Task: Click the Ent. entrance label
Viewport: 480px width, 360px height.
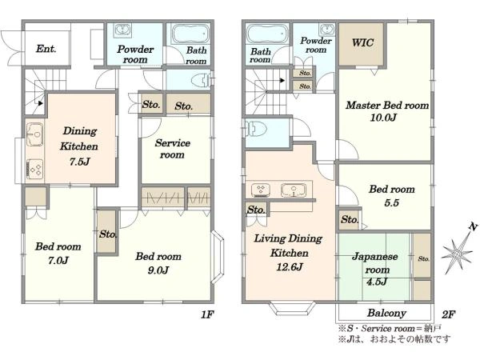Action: click(46, 49)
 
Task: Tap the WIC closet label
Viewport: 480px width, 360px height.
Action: click(362, 42)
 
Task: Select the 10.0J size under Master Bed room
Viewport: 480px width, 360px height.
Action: click(383, 118)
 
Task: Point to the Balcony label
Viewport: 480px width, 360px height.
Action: click(386, 313)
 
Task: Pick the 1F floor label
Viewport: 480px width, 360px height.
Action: click(207, 314)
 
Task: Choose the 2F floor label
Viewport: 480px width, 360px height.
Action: click(448, 314)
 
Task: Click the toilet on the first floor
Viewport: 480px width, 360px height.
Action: click(201, 81)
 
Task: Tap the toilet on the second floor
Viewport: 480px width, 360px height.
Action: click(255, 129)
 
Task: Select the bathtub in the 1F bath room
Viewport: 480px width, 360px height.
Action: click(190, 34)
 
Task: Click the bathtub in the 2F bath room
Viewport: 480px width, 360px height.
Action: click(266, 34)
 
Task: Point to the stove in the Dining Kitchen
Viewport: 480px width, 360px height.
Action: click(34, 170)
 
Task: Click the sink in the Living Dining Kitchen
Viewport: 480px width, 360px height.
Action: click(294, 190)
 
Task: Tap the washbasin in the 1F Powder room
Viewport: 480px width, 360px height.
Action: click(122, 30)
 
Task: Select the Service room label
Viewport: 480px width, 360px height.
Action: click(172, 149)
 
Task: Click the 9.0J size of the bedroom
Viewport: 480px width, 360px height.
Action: click(158, 270)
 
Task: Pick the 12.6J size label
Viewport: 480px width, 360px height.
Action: click(290, 267)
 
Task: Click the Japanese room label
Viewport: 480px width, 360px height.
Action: click(375, 262)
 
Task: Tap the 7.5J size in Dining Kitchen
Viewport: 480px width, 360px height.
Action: click(79, 162)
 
